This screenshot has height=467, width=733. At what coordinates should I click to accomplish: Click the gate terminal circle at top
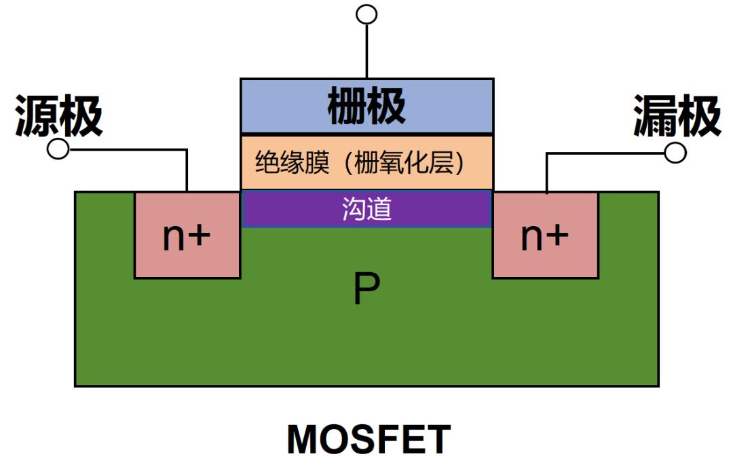point(366,14)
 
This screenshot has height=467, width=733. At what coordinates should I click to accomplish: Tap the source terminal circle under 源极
point(58,149)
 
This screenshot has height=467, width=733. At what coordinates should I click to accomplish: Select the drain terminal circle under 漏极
point(675,153)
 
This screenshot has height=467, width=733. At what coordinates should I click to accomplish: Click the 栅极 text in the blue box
point(366,106)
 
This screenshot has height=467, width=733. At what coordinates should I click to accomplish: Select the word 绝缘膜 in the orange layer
point(292,163)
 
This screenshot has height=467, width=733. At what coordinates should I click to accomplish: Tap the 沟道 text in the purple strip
point(366,208)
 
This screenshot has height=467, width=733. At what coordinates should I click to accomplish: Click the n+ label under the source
point(187,236)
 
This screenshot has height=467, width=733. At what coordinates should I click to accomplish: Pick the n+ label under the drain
point(545,236)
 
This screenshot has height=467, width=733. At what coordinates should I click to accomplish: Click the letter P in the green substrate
point(366,288)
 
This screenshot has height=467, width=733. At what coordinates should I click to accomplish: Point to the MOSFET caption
point(369,438)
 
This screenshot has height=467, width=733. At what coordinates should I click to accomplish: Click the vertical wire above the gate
point(367,52)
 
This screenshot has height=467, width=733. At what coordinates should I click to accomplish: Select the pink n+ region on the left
point(187,235)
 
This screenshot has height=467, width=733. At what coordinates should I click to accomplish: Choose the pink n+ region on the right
point(546,235)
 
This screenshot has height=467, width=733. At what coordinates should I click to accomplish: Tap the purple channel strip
point(366,208)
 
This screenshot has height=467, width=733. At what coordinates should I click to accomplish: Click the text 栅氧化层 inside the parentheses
point(404,163)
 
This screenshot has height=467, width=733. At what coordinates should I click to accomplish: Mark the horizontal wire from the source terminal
point(128,150)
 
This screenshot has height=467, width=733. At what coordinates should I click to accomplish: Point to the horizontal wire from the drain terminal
point(605,153)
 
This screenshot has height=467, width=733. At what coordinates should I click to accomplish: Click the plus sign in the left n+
point(200,235)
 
